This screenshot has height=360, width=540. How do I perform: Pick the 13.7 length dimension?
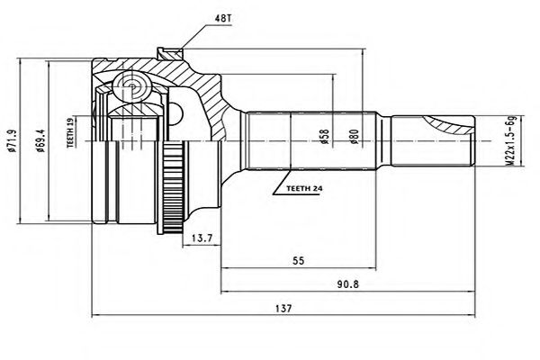coord(202,238)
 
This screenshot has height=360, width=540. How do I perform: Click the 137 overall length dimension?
coord(287,308)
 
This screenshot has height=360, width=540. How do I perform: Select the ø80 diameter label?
coord(355,138)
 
